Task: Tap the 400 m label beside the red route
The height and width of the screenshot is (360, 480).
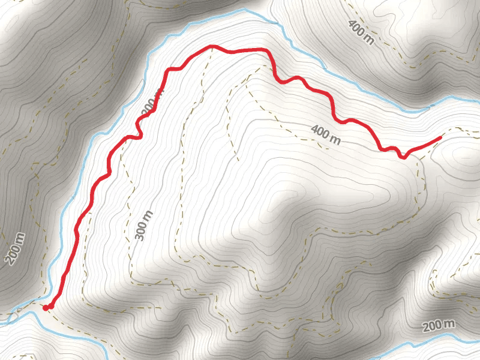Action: click(x=326, y=135)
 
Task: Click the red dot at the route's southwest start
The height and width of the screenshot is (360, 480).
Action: click(x=47, y=308)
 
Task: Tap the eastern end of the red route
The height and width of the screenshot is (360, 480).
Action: click(x=441, y=138)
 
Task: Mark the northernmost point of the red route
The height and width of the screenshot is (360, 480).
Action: click(x=211, y=46)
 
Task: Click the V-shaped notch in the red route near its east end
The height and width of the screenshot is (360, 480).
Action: click(x=404, y=158)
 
